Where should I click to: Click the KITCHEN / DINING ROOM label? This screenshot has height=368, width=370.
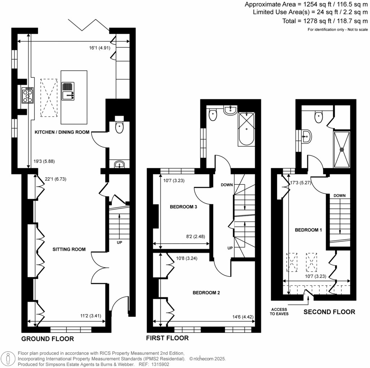61,132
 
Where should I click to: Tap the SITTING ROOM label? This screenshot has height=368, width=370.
69,249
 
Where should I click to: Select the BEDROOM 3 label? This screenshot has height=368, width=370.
183,207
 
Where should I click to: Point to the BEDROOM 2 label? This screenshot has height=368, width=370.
206,293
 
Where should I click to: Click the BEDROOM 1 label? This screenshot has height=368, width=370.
308,230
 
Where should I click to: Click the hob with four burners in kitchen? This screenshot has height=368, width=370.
28,96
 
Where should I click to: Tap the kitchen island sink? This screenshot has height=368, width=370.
68,91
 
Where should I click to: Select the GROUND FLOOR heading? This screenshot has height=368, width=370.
48,339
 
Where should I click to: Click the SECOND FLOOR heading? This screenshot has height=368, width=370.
329,312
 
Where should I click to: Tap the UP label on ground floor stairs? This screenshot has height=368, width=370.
119,242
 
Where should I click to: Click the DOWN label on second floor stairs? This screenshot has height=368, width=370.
340,196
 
